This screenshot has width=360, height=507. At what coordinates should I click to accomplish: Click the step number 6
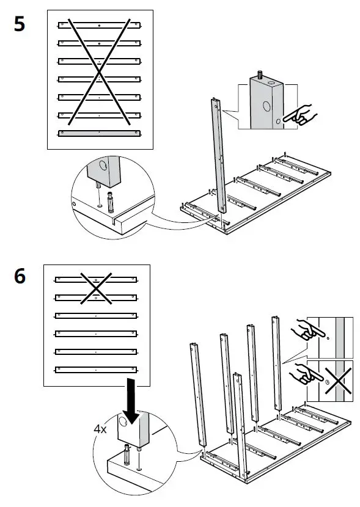pyautogui.click(x=20, y=276)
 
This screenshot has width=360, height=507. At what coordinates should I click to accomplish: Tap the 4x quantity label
pyautogui.click(x=100, y=429)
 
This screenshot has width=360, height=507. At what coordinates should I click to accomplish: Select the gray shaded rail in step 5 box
pyautogui.click(x=99, y=132)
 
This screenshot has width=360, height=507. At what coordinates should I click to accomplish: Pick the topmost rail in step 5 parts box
pyautogui.click(x=99, y=25)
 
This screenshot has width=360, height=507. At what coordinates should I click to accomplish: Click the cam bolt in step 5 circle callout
pyautogui.click(x=111, y=202)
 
